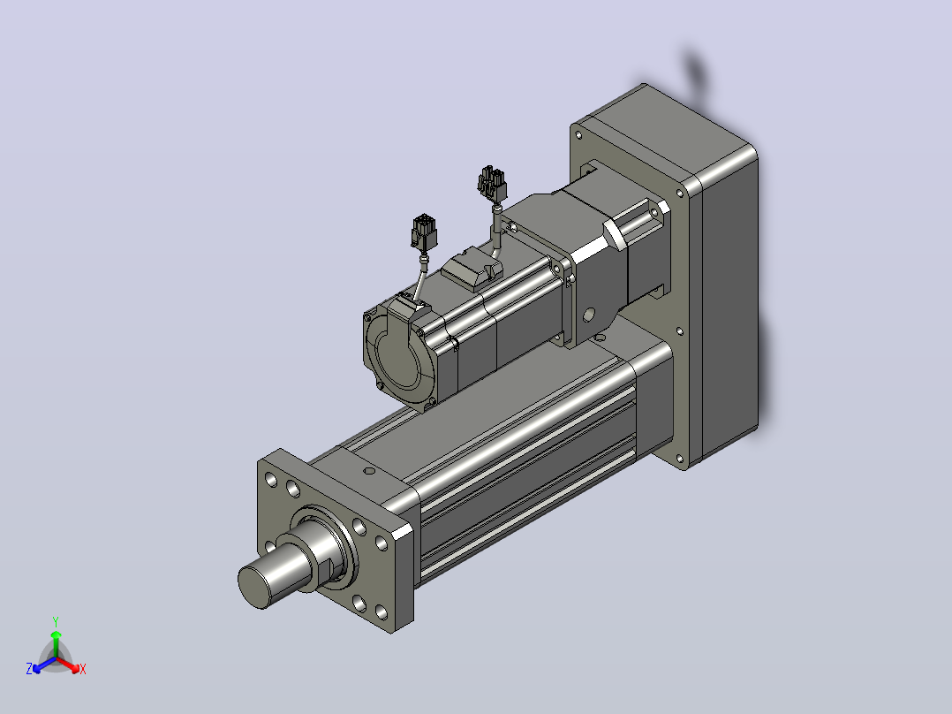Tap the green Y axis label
click(56, 621)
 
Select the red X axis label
click(83, 669)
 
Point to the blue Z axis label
click(29, 668)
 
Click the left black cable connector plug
click(424, 232)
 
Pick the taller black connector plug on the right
click(492, 184)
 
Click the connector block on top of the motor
click(472, 270)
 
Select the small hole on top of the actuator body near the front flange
click(368, 470)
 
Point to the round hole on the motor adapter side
click(589, 315)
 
